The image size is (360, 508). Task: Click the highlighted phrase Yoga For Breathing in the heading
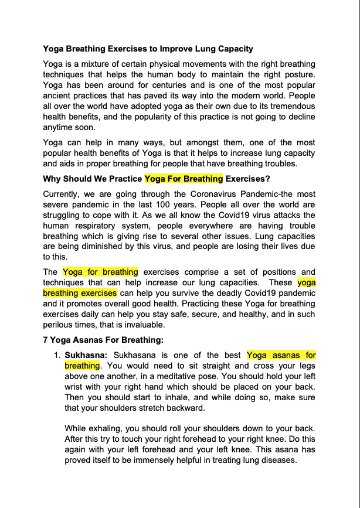(x=184, y=178)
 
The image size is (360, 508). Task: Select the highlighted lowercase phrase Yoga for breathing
(x=100, y=272)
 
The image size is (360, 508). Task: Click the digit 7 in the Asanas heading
(x=46, y=339)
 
